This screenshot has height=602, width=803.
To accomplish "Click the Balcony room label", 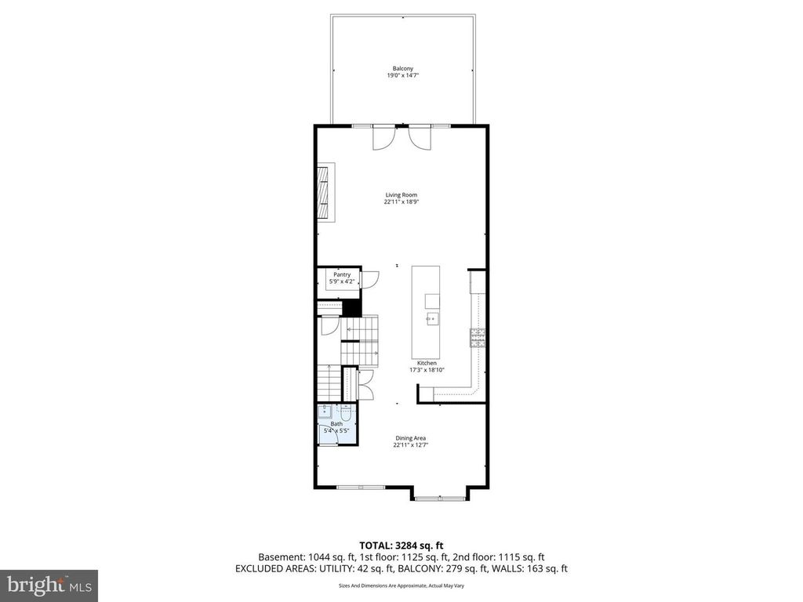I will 402,69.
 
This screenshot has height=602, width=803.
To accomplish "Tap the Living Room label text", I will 401,195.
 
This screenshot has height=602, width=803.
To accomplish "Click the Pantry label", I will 341,274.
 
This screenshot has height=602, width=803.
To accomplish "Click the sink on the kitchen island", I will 431,319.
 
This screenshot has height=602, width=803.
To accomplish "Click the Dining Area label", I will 410,438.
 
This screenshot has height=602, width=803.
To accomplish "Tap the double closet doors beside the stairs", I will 364,383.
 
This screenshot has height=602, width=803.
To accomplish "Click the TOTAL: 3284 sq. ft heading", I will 401,545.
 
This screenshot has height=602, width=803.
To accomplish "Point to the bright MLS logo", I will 48,585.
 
